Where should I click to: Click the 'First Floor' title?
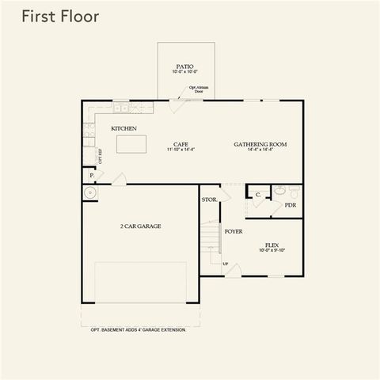coord(60,17)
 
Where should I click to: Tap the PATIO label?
coord(184,67)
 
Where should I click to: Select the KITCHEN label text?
coord(123,128)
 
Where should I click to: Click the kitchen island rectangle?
coord(132,144)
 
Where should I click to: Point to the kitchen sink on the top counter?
coord(121,107)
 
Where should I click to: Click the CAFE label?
coord(180,144)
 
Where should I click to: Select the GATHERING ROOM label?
coord(260,144)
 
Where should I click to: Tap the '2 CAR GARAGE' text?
coord(140,226)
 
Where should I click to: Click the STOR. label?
coord(209,199)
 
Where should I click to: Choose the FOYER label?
coord(233,231)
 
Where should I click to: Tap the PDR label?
coord(291,204)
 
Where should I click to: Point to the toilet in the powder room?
coord(279,191)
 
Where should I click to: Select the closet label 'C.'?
coord(257,193)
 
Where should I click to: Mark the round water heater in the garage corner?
coord(89,192)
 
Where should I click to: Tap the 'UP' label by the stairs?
coord(225,264)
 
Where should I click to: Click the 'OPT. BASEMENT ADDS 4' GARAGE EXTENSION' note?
coord(138,329)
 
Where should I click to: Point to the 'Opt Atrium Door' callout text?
coord(198,89)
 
